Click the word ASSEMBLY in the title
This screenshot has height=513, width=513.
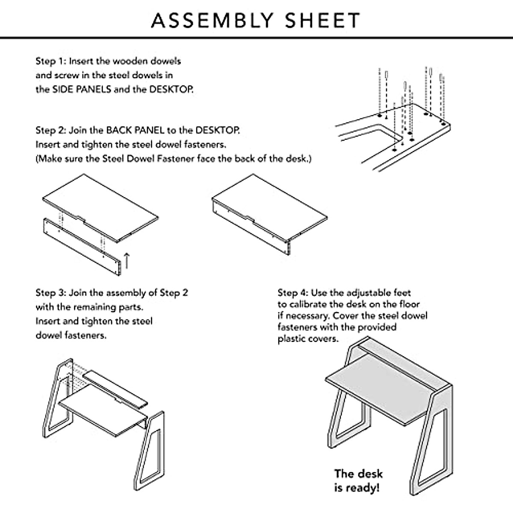point(212,20)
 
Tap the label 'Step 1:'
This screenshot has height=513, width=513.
point(50,61)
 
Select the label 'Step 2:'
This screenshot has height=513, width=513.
point(50,130)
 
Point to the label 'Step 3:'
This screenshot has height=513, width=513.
point(50,293)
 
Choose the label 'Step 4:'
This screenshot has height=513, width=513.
point(292,293)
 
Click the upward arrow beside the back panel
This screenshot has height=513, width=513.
point(127,260)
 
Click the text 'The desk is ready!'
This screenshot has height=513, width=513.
point(358,480)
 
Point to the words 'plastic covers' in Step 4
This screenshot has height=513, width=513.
point(308,339)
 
